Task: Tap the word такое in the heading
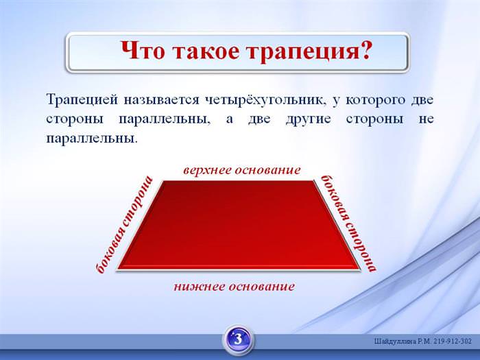point(206,51)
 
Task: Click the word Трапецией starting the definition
point(82,100)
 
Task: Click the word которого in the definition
point(375,100)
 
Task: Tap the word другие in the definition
point(308,119)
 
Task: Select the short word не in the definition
point(426,119)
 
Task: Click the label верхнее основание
point(242,170)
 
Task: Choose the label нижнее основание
point(235,287)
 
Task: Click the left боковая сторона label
point(124,225)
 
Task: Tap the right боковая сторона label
point(348,224)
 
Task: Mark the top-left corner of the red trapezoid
point(163,181)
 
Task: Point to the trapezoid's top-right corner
point(313,181)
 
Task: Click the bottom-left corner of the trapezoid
point(117,269)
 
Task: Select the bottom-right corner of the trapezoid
point(360,269)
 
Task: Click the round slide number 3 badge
point(239,339)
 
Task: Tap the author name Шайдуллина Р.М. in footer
point(403,341)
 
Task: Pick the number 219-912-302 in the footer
point(453,341)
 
